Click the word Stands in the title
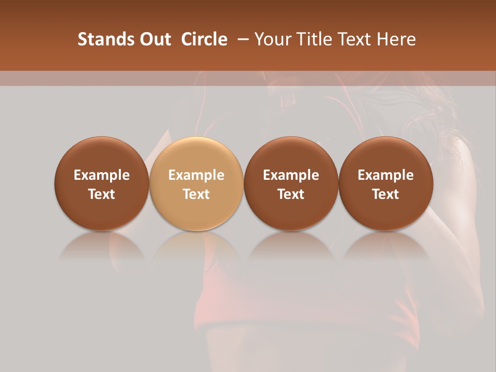[105, 39]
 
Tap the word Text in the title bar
[356, 39]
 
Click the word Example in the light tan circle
[196, 175]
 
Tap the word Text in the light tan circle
[196, 194]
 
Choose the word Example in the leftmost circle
[102, 175]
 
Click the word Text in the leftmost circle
[102, 194]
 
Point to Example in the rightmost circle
[385, 175]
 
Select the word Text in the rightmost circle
[385, 194]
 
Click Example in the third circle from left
[291, 175]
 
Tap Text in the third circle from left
[291, 194]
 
